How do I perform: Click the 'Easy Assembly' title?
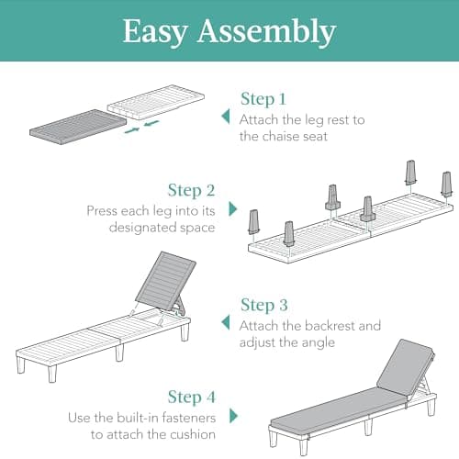[229, 32]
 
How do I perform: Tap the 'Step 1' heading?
[263, 99]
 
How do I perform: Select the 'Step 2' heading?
[192, 190]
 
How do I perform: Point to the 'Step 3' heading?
[264, 305]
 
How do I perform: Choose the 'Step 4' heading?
[192, 397]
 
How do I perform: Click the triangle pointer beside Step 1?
[226, 117]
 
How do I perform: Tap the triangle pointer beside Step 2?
[233, 208]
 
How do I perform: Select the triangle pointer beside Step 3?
[226, 322]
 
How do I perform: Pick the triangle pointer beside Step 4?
[233, 416]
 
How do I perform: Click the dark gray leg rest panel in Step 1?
[78, 128]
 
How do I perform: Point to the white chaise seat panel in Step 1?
[156, 102]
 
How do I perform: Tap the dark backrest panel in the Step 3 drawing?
[165, 282]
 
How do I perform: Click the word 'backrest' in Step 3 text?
[330, 326]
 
